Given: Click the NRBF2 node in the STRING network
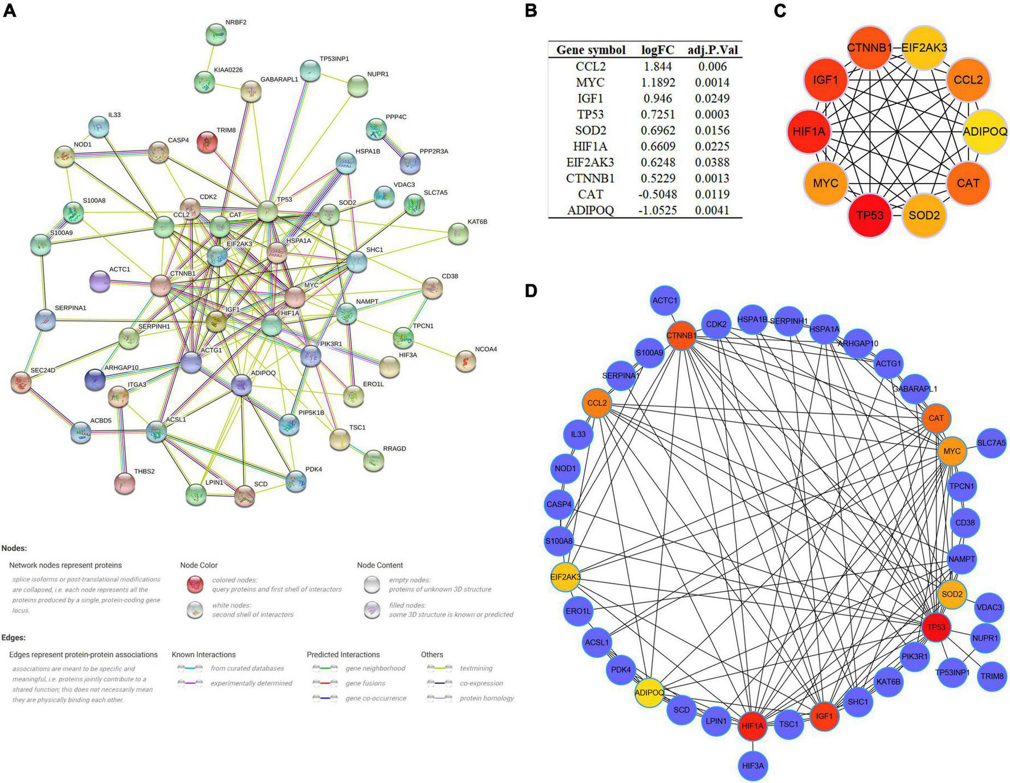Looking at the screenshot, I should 216,35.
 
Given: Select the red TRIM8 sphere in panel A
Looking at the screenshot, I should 207,142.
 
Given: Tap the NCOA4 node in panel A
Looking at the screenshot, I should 466,361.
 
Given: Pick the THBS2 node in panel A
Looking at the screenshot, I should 125,483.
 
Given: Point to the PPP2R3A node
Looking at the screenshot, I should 410,163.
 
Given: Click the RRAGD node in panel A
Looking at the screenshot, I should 374,460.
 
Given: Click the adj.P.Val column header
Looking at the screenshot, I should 712,50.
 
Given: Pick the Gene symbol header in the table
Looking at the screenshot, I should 590,50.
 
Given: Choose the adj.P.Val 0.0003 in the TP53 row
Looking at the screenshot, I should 712,114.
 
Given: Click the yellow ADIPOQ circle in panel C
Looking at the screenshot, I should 984,132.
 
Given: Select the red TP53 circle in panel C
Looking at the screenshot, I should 869,215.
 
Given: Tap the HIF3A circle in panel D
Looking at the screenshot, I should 752,766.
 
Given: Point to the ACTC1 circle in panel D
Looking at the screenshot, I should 665,300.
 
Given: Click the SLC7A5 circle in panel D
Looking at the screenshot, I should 991,442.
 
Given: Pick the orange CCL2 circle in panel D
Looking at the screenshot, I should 597,403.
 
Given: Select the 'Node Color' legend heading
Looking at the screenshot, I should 199,565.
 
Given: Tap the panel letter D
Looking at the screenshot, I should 531,291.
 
